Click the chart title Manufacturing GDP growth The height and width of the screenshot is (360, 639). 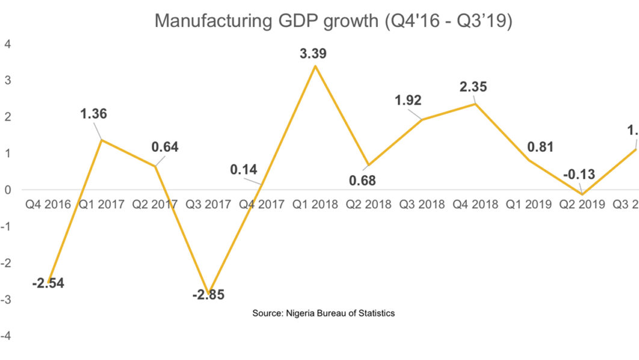coord(333,20)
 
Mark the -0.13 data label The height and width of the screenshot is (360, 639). coord(579,175)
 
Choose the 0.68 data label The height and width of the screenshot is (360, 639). coord(366,180)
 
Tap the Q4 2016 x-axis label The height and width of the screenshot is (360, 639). coord(48,205)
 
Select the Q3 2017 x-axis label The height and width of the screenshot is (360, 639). coord(208,205)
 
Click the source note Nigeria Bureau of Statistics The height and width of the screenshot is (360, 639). coord(323,313)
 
